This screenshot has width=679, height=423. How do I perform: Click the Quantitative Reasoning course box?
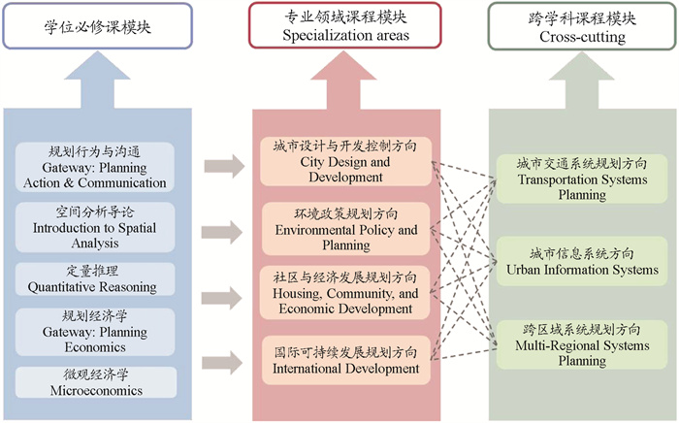point(95,279)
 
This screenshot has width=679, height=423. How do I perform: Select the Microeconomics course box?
point(95,382)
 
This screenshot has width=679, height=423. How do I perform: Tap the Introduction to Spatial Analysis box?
point(95,227)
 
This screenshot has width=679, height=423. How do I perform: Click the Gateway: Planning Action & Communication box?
point(95,168)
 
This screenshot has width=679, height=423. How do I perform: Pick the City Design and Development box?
point(346,162)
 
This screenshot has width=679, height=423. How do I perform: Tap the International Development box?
point(346,360)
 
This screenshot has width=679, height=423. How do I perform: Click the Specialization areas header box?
point(345,26)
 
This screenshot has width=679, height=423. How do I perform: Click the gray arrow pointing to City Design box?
point(224,166)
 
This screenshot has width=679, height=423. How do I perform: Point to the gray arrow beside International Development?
point(224,363)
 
